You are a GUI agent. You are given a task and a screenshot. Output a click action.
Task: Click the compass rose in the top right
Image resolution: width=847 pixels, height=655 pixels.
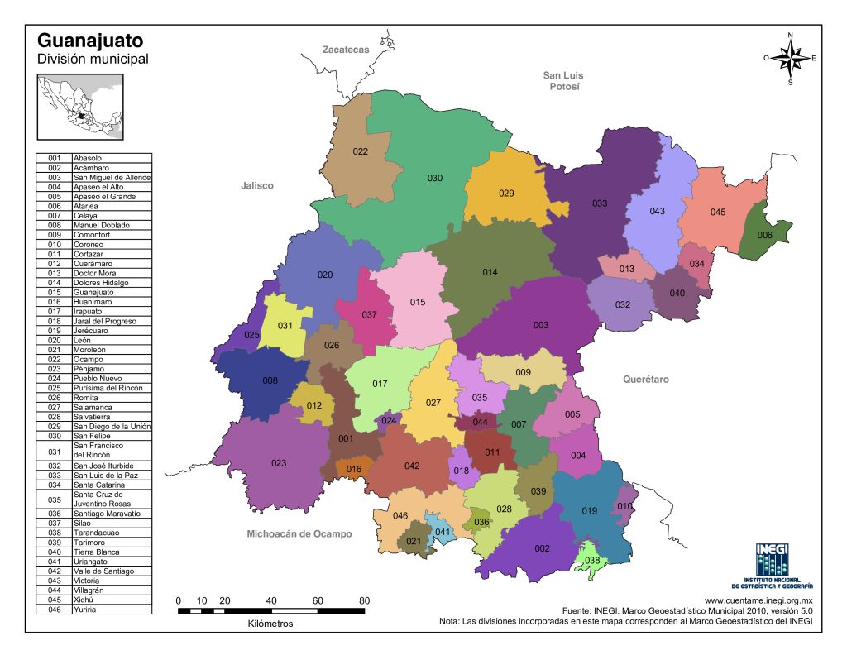click(x=791, y=58)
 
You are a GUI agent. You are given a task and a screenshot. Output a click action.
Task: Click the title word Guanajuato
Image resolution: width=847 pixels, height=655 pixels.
click(x=90, y=41)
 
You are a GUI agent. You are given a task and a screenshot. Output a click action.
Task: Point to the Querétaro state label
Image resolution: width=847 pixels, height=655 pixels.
click(x=645, y=379)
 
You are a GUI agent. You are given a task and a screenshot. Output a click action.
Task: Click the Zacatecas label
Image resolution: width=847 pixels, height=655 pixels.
click(x=346, y=50)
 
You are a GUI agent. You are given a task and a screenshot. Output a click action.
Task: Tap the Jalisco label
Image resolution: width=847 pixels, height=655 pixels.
click(x=256, y=186)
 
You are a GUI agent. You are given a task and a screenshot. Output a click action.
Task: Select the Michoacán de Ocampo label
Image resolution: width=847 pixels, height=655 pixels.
click(x=299, y=533)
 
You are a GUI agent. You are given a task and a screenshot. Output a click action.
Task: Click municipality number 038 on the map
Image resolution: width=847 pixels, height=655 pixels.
click(x=591, y=560)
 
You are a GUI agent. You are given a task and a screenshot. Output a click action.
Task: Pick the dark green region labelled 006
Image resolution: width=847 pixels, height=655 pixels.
click(x=764, y=235)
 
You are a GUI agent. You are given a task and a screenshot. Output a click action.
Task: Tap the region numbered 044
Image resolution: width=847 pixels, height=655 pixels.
click(x=480, y=422)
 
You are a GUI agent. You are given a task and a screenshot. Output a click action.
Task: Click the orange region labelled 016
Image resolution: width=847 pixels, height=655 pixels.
click(x=354, y=469)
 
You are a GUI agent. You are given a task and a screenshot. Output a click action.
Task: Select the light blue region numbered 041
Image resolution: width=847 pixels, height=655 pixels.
click(x=443, y=531)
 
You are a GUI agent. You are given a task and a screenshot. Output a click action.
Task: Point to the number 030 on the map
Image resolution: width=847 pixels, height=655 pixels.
click(x=435, y=178)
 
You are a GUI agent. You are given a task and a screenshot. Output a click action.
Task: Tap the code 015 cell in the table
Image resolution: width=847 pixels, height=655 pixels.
click(x=55, y=292)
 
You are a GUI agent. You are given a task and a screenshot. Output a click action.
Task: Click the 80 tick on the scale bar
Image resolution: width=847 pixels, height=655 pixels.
click(x=364, y=600)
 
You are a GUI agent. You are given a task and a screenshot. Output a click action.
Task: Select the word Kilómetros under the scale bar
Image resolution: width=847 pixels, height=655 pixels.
click(x=270, y=624)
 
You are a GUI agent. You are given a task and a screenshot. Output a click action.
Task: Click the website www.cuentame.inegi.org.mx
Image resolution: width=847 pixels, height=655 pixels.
click(x=758, y=600)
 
